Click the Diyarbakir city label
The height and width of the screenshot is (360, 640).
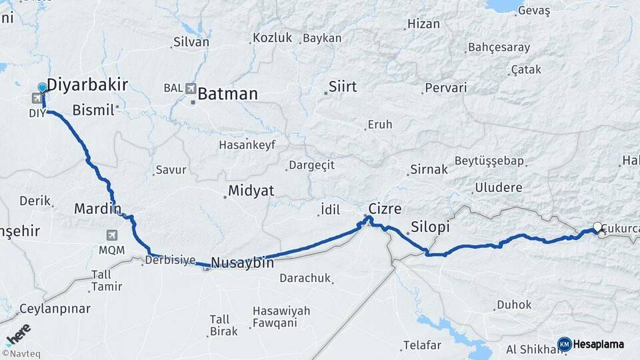click(x=87, y=85)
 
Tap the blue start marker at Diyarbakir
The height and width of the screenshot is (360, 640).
click(x=43, y=87)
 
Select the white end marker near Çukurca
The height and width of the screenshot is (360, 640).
click(x=597, y=227)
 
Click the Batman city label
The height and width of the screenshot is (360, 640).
click(x=227, y=94)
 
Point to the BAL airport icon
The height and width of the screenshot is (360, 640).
click(x=191, y=88)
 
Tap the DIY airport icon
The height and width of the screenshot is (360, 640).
click(x=34, y=99)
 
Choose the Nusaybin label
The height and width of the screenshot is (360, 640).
click(x=242, y=263)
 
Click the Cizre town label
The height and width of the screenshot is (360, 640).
click(x=385, y=209)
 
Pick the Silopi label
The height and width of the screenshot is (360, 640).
click(x=430, y=227)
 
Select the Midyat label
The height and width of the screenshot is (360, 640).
click(x=251, y=191)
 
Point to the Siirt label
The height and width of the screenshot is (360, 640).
click(x=342, y=87)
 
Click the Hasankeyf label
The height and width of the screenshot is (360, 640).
click(x=247, y=145)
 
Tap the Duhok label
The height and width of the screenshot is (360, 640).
click(x=514, y=305)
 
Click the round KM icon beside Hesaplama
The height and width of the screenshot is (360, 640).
click(x=564, y=344)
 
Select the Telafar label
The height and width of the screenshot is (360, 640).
click(x=421, y=345)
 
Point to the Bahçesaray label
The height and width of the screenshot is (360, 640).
click(x=499, y=47)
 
